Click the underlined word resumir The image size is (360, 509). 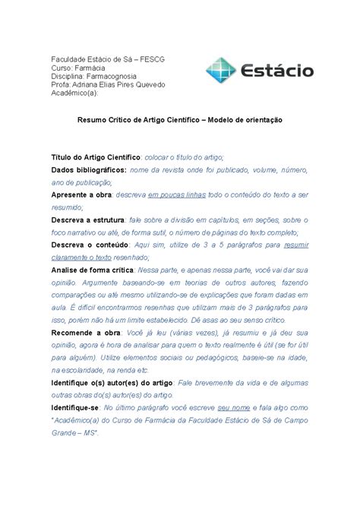point(294,245)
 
